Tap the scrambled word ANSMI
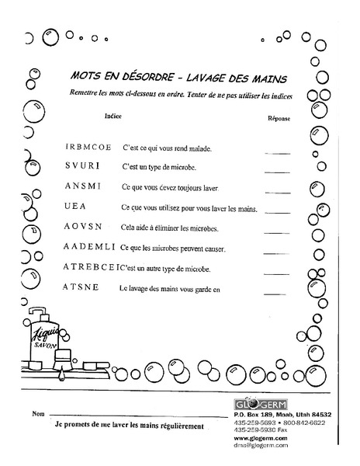point(83,188)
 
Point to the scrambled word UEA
point(77,208)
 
